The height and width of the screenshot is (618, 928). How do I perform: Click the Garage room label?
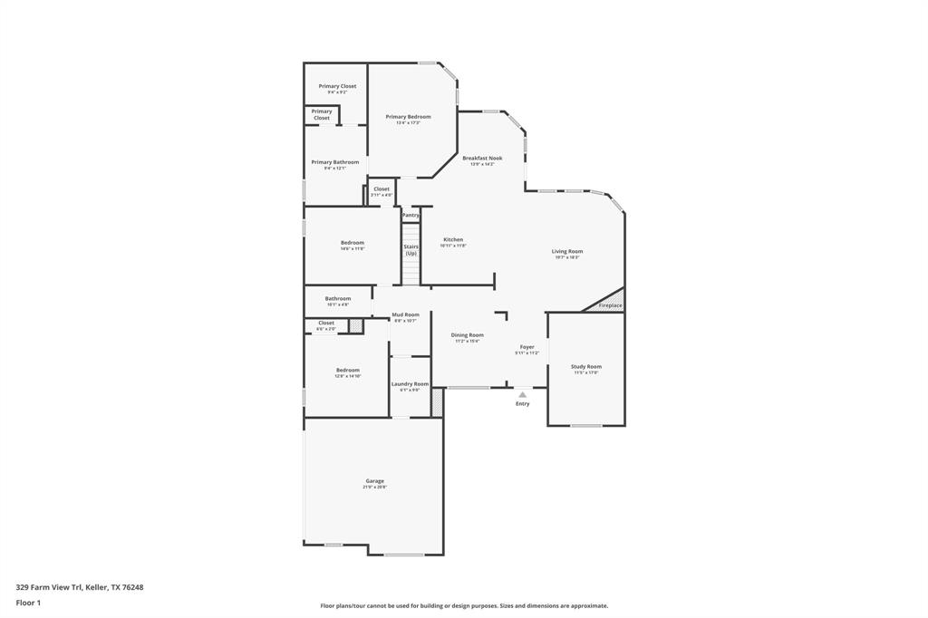point(375,480)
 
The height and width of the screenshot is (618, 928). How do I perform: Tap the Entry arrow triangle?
point(522,394)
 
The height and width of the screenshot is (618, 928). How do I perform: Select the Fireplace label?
point(610,305)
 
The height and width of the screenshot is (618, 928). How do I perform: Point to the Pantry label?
point(411,216)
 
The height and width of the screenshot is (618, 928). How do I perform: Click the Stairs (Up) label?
point(411,249)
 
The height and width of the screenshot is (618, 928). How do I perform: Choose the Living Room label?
point(567,251)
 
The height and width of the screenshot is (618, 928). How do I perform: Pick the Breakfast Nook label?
point(482,158)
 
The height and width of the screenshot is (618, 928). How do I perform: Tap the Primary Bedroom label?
point(408,116)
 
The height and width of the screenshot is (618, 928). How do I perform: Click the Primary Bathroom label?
point(335,162)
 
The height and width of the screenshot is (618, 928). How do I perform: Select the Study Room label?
point(585,366)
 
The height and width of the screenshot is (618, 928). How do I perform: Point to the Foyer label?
point(527,346)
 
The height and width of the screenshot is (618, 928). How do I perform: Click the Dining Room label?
point(468,334)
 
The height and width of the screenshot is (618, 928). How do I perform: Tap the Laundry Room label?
point(410,383)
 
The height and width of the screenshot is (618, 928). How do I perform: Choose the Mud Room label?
point(405,314)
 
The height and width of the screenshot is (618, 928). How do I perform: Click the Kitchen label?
point(453,239)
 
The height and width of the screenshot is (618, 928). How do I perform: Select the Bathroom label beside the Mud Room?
point(338,298)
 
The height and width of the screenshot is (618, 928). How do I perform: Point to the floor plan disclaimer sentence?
point(463,606)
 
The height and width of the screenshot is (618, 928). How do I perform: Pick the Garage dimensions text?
point(375,488)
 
